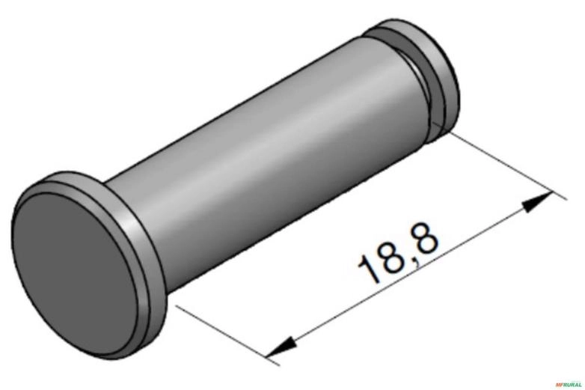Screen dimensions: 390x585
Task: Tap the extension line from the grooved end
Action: pos(501,164)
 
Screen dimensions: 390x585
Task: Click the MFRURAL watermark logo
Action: pos(568,384)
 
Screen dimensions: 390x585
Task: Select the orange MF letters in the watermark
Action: pos(558,384)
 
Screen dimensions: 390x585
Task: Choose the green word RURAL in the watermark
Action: pos(572,384)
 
